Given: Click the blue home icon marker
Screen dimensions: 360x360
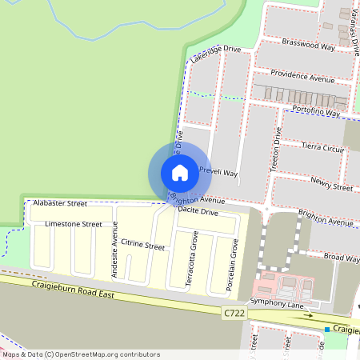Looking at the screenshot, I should pos(180,172).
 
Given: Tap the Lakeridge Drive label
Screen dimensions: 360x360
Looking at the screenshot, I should pos(215,54).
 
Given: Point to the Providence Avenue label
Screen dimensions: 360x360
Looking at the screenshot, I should pos(302,77).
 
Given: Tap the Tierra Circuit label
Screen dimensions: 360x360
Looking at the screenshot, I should pos(322,148).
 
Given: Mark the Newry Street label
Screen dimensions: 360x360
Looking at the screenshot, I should pos(332,186).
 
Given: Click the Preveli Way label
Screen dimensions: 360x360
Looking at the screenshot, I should pos(218,172).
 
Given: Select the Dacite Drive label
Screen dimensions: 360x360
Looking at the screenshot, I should pos(198,211).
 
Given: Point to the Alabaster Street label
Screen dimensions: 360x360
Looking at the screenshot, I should pos(61,204).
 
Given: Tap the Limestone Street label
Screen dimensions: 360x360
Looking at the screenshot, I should pos(74,224).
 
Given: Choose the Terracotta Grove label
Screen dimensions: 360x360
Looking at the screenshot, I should pos(192,258).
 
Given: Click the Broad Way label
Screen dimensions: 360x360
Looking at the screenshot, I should pos(342,258).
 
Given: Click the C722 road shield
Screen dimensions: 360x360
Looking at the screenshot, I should pos(234,314).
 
